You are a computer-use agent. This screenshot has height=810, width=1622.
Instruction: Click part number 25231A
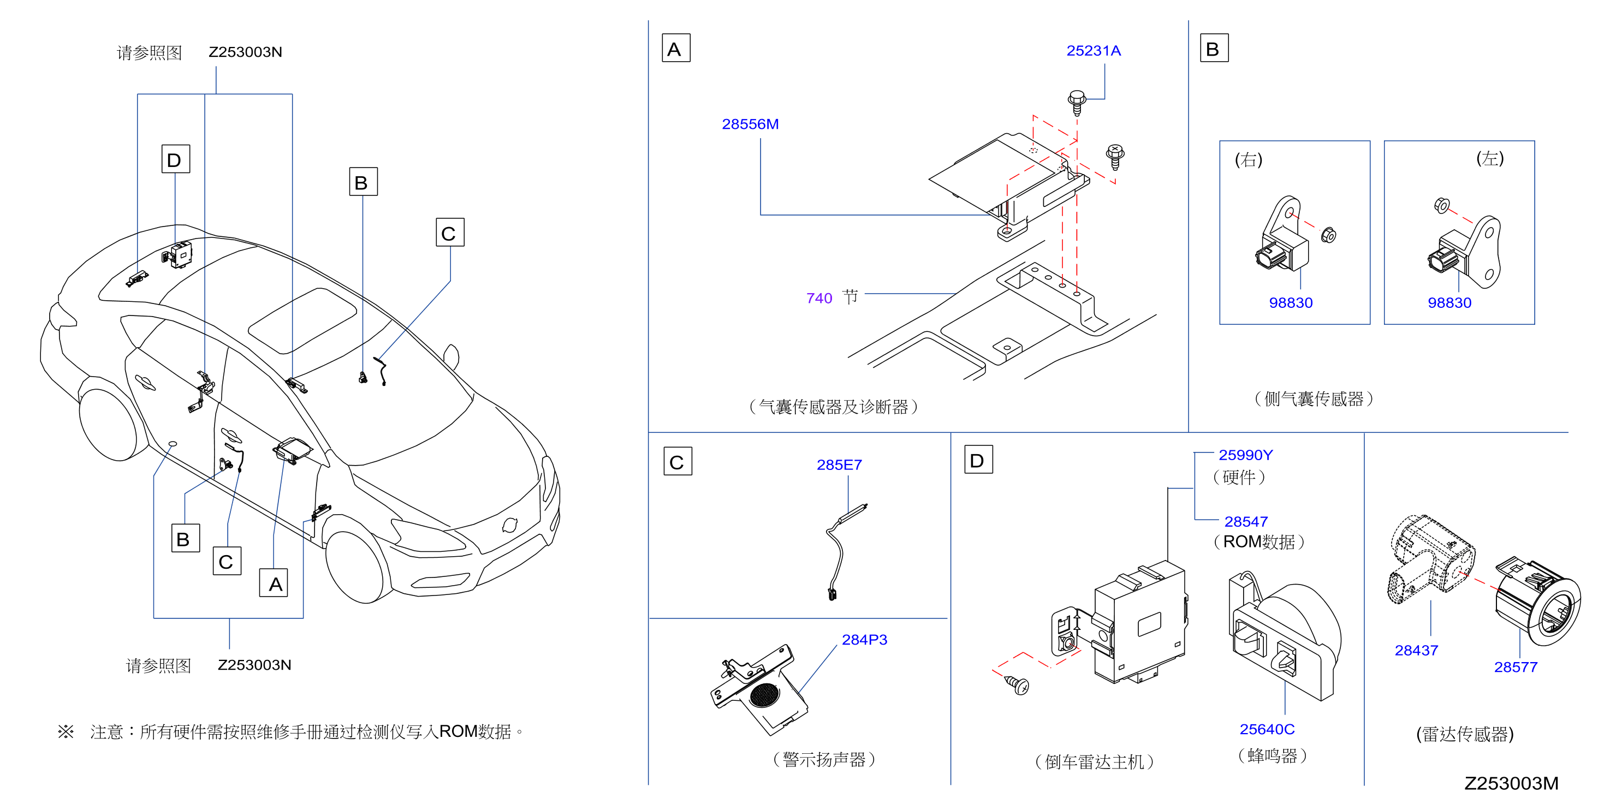[1093, 51]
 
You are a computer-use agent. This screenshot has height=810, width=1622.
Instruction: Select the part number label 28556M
[750, 124]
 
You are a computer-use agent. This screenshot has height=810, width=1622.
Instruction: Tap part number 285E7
[839, 465]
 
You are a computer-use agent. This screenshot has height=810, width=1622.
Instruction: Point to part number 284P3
[865, 640]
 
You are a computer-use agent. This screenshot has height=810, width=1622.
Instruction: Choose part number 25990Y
[1245, 455]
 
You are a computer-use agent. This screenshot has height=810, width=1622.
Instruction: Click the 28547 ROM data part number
[1246, 522]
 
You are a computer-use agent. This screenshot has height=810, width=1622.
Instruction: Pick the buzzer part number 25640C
[1267, 729]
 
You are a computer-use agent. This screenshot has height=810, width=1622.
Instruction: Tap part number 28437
[1416, 651]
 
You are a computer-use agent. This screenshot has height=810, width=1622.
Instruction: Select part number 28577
[1516, 668]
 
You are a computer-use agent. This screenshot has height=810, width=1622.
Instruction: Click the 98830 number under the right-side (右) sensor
[1291, 303]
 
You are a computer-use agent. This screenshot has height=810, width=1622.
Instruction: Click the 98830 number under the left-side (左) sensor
[1449, 303]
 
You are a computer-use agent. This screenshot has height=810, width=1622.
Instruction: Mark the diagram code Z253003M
[1511, 784]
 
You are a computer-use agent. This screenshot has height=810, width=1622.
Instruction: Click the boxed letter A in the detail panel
[676, 49]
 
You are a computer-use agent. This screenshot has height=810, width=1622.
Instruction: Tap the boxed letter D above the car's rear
[175, 159]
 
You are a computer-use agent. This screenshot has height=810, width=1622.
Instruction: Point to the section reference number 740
[819, 299]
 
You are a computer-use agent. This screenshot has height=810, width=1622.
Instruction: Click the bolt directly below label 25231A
[1077, 103]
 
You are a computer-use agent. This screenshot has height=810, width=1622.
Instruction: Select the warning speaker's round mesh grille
[765, 695]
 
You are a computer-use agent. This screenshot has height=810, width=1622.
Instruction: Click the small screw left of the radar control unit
[1017, 685]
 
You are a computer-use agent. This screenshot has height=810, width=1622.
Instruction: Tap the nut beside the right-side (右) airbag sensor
[1328, 235]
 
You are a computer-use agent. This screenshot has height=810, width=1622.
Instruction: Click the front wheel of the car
[357, 566]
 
